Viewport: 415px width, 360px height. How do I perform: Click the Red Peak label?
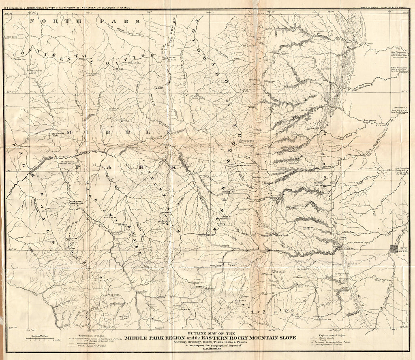click(x=113, y=295)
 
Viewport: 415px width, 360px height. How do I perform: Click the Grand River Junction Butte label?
click(x=68, y=163)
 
